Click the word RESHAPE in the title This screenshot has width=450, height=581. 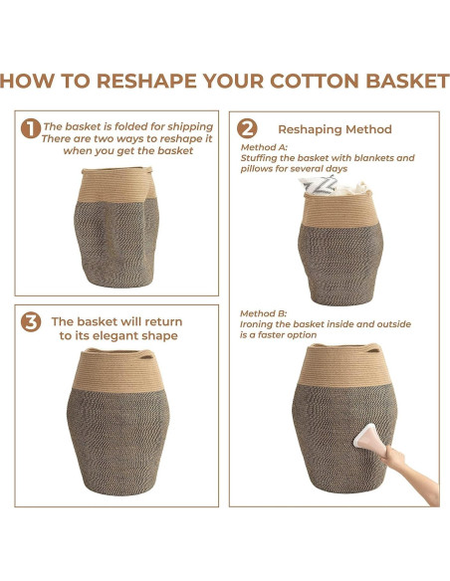click(x=146, y=81)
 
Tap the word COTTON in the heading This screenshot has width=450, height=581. click(x=315, y=81)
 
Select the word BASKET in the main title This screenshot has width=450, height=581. click(x=408, y=81)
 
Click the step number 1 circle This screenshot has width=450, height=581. click(x=31, y=128)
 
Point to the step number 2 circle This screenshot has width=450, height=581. click(x=247, y=128)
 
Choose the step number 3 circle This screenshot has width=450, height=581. click(x=31, y=322)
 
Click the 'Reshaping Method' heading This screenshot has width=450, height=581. click(x=335, y=129)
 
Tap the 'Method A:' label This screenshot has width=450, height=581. click(x=264, y=147)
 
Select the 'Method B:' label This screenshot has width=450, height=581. click(x=263, y=313)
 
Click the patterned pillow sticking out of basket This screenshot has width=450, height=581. click(x=318, y=185)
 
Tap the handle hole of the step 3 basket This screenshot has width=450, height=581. click(x=146, y=357)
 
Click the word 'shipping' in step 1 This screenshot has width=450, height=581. click(x=190, y=126)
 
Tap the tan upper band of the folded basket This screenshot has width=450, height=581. click(x=116, y=185)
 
